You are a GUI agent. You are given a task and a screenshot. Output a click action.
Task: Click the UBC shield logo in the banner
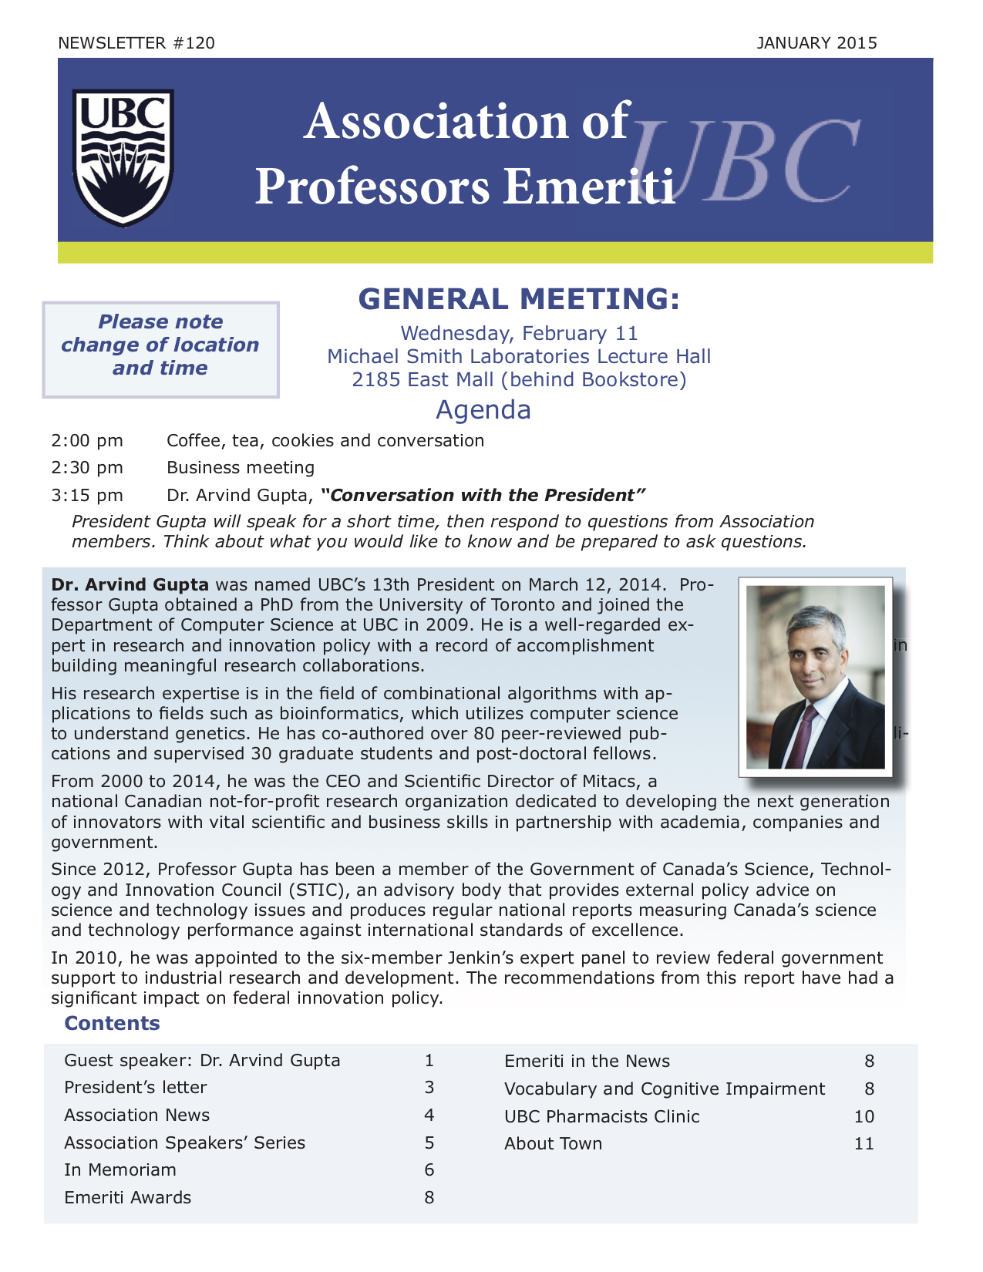click(123, 157)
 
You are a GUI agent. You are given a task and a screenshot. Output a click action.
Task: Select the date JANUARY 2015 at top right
click(816, 43)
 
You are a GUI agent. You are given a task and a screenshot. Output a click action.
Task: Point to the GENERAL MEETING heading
click(519, 299)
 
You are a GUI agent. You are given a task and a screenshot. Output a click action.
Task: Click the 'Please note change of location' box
click(160, 349)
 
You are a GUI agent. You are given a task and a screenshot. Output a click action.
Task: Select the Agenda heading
click(483, 409)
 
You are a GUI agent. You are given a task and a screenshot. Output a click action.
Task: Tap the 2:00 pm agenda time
click(87, 441)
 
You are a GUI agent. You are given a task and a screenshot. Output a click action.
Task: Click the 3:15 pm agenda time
click(87, 495)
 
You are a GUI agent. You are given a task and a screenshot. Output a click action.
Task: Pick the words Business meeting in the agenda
click(241, 467)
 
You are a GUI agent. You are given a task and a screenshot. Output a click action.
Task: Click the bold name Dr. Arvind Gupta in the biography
click(130, 584)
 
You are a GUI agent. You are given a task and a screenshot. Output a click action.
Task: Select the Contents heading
click(112, 1023)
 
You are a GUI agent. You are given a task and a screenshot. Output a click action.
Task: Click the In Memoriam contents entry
click(120, 1170)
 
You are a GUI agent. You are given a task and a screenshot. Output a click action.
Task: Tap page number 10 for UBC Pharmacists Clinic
click(864, 1116)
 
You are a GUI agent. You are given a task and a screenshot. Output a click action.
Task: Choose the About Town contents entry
click(553, 1144)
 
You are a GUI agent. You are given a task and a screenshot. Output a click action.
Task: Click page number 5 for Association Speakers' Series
click(429, 1142)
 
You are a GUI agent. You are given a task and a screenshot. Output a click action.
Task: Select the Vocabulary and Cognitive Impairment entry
click(664, 1089)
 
